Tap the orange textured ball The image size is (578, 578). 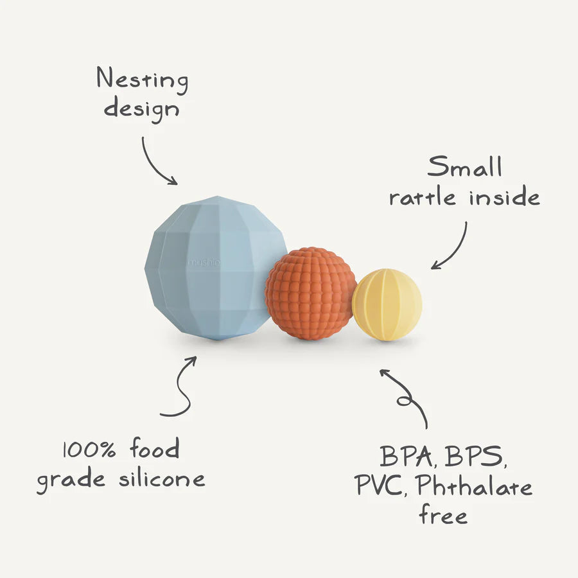tap(310, 293)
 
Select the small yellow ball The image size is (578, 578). tap(387, 304)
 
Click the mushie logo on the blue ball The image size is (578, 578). tap(203, 263)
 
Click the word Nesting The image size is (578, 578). tap(143, 80)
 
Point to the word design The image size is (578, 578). tap(142, 109)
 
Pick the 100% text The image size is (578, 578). tap(89, 450)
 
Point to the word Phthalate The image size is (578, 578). tap(474, 486)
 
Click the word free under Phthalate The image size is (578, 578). tap(443, 514)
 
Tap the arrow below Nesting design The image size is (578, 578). tap(157, 161)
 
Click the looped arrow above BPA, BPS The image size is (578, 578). tap(406, 397)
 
